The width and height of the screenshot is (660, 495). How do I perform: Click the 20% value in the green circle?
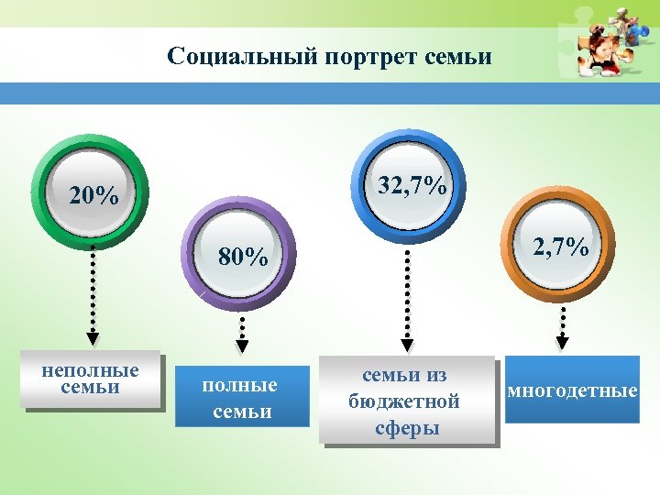click(94, 196)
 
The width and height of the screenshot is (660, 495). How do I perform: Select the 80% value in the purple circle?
click(243, 258)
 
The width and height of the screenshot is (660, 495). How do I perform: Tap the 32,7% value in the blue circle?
click(412, 186)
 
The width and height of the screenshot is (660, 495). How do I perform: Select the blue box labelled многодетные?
click(572, 390)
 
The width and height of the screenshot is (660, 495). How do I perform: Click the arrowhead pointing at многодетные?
click(563, 343)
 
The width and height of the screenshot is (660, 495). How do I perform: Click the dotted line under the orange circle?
click(563, 321)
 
